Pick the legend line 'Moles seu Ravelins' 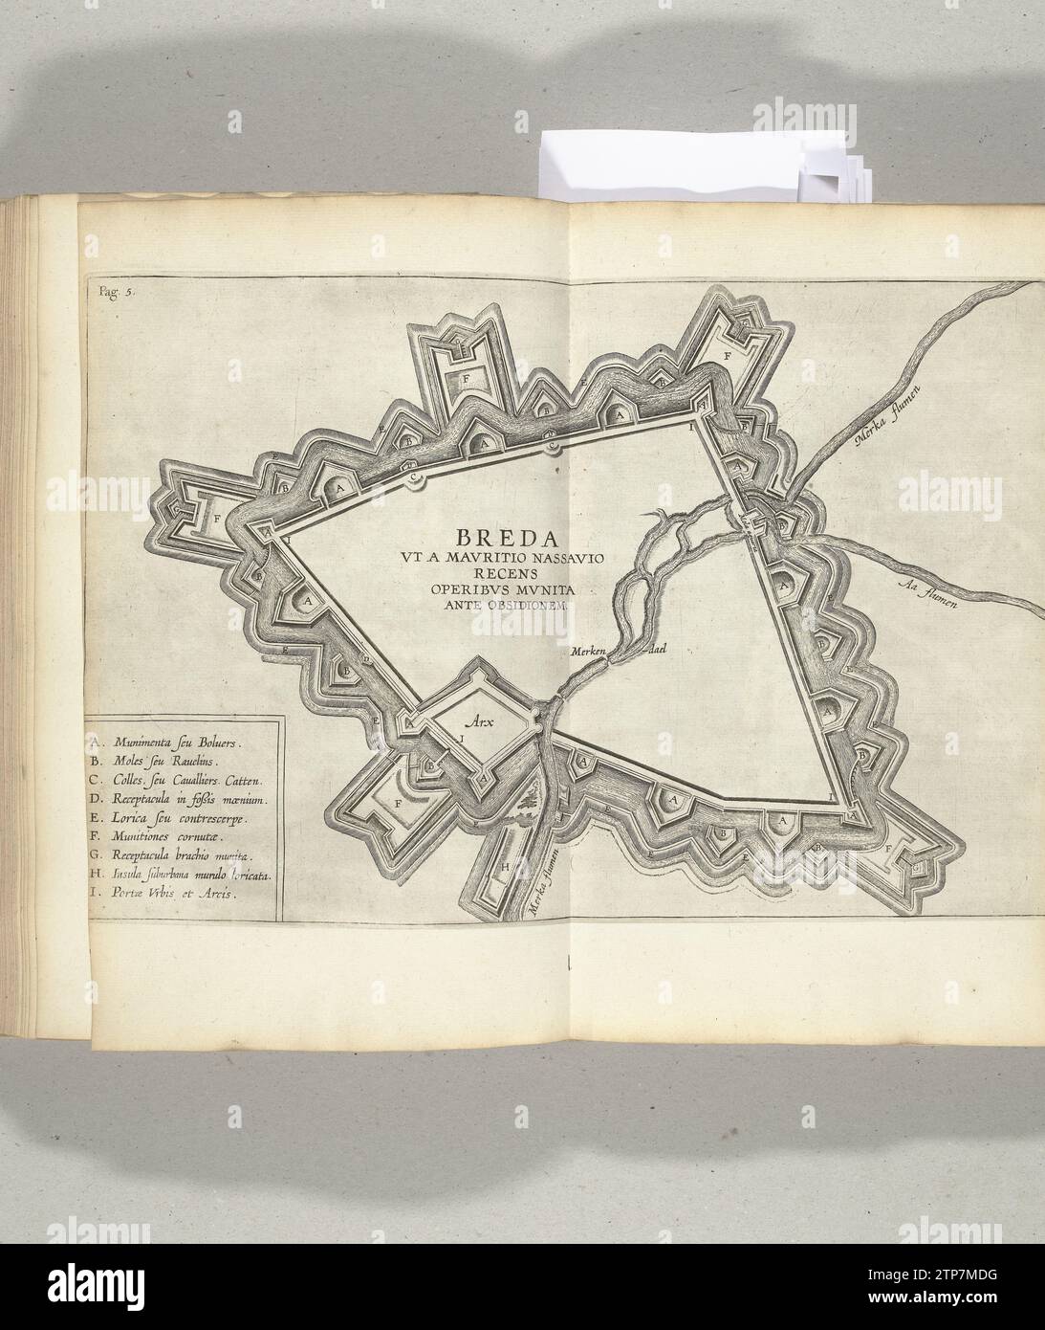click(158, 762)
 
